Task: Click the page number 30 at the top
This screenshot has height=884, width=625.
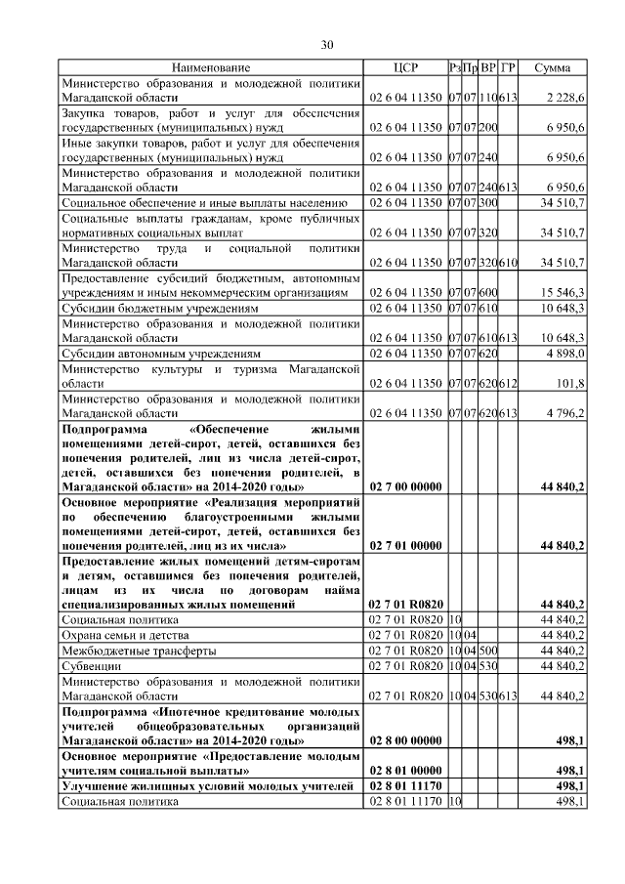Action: [327, 44]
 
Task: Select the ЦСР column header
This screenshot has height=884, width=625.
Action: [405, 67]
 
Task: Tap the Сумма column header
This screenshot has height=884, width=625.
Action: [553, 67]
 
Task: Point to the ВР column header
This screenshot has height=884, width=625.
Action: [487, 67]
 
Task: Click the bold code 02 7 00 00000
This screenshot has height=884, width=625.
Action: [405, 485]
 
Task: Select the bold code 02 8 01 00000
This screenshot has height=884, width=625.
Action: [405, 770]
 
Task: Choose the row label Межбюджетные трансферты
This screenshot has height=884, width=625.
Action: [138, 651]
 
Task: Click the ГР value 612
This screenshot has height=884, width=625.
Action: [508, 384]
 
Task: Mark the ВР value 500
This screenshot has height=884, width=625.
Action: [487, 651]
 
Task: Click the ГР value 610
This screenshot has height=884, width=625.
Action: [508, 262]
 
